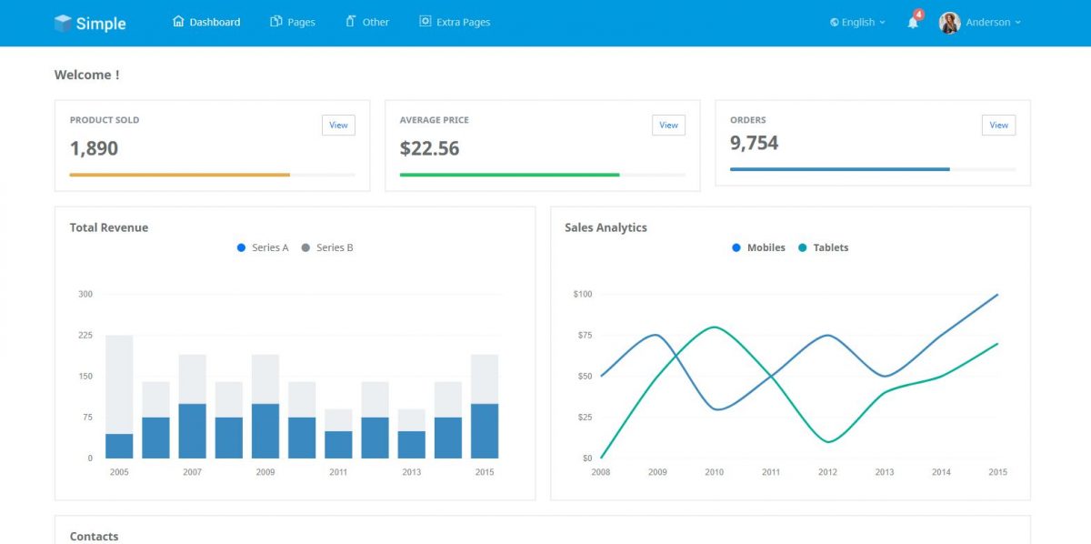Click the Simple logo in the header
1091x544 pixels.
(x=90, y=24)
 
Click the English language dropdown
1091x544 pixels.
(x=857, y=22)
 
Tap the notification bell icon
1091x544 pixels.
(x=913, y=23)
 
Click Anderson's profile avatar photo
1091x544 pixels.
(x=950, y=23)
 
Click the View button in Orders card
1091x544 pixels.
(x=998, y=126)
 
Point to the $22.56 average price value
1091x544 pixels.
(x=430, y=148)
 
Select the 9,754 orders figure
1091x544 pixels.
(x=755, y=143)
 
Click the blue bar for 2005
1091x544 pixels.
(x=119, y=446)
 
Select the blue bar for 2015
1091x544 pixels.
(x=485, y=430)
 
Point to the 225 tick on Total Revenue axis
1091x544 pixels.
(x=85, y=335)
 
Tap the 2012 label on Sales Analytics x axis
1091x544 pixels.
(x=827, y=472)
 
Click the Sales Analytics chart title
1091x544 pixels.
(x=606, y=227)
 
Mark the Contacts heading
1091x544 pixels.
(x=94, y=537)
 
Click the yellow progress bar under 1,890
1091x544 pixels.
(x=180, y=175)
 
